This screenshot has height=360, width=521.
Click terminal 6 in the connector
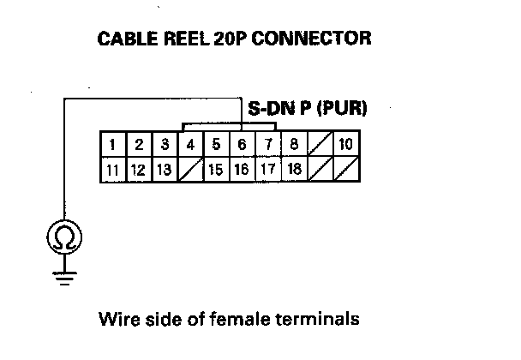pyautogui.click(x=243, y=144)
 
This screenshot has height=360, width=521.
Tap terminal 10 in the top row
pyautogui.click(x=345, y=144)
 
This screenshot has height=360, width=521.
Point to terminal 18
pyautogui.click(x=294, y=169)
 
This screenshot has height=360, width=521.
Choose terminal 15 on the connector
pyautogui.click(x=217, y=169)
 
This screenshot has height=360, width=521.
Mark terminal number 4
pyautogui.click(x=191, y=144)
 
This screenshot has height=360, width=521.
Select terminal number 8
pyautogui.click(x=294, y=144)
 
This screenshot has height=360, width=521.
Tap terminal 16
pyautogui.click(x=243, y=169)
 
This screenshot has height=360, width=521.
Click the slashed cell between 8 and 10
pyautogui.click(x=320, y=144)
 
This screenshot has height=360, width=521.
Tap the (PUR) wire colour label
pyautogui.click(x=340, y=109)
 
